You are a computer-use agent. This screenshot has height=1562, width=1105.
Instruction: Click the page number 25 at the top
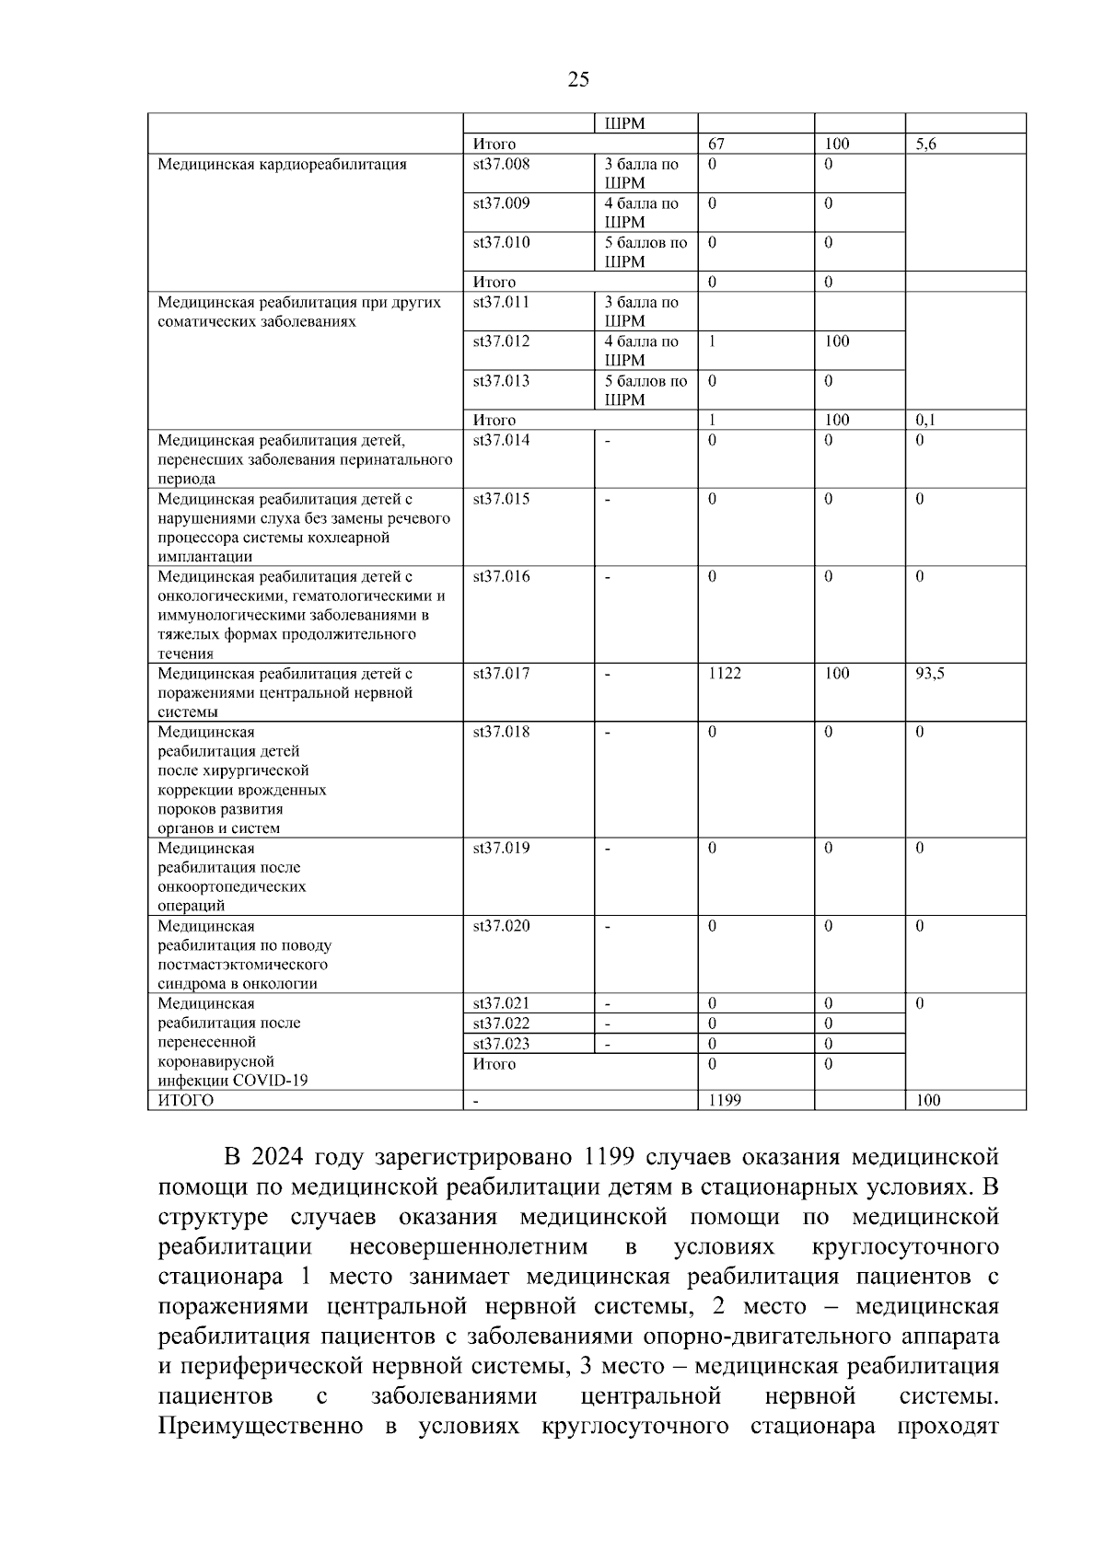(x=578, y=79)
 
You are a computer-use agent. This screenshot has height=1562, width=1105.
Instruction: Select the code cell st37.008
(x=502, y=165)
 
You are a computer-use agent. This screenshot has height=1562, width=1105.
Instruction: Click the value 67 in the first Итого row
(x=717, y=145)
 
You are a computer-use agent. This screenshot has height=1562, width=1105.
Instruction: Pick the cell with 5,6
(x=926, y=145)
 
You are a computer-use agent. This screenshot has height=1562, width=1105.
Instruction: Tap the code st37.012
(x=502, y=341)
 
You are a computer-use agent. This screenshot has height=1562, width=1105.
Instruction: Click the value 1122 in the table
(x=725, y=674)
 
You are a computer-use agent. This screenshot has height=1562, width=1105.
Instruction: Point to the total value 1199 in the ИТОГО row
(x=725, y=1100)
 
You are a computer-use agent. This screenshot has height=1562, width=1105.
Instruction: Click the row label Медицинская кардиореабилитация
(x=282, y=165)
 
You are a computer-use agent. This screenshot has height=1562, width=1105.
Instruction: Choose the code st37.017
(x=502, y=674)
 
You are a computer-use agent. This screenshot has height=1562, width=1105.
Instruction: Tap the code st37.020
(x=502, y=926)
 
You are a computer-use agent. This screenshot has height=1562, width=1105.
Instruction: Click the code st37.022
(x=502, y=1024)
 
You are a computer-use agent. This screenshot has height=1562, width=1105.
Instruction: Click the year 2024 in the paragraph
(x=276, y=1156)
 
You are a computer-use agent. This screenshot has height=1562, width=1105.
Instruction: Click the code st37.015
(x=502, y=499)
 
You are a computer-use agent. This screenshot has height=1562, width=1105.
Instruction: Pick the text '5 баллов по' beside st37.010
(x=646, y=243)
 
